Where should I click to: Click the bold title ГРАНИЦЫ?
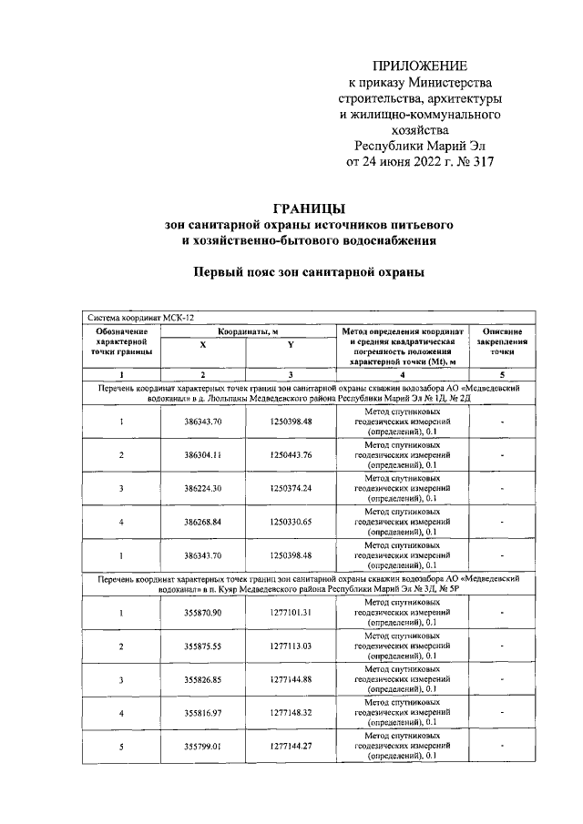pos(308,208)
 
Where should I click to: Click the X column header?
pos(202,345)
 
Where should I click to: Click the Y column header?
pos(290,345)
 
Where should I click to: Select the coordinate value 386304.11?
pos(203,454)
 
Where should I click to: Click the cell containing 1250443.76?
pos(291,454)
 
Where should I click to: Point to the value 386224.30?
pos(203,488)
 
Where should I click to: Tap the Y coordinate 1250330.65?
pos(291,522)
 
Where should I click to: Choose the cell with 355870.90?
pos(203,612)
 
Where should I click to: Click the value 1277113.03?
pos(291,646)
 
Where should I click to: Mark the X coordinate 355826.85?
pos(203,679)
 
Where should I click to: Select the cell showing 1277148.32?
pos(291,713)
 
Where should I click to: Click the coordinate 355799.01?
pos(203,747)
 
